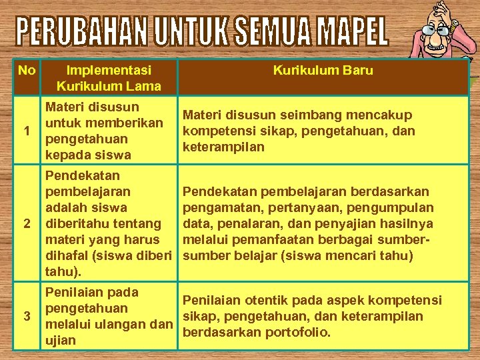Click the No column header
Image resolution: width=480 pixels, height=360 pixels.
coord(27,70)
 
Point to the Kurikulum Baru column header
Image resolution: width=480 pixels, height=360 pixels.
coord(323,70)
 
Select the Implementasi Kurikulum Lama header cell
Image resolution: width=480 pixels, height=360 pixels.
coord(109,78)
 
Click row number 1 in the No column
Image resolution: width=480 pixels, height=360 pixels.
coord(26,131)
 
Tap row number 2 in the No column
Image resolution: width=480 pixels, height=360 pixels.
coord(26,223)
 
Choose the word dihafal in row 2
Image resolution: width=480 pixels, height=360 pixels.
coord(67,256)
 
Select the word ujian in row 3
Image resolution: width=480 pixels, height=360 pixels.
coord(60,341)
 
